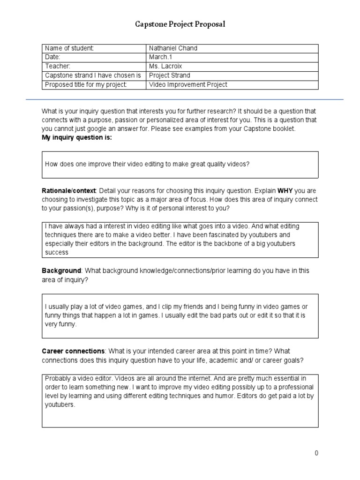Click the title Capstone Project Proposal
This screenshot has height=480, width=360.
point(180,24)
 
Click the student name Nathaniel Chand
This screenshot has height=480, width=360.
point(172,48)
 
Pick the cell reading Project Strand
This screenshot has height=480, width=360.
point(169,75)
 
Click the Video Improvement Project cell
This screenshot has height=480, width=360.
point(188,84)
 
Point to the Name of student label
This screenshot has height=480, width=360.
point(69,48)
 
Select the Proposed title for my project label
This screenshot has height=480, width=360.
point(86,84)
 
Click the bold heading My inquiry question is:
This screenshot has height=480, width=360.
point(77,137)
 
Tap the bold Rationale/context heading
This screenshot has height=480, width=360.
point(68,191)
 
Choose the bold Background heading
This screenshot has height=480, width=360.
point(61,271)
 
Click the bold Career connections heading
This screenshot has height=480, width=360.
point(73,351)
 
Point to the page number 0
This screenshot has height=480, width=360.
point(316,453)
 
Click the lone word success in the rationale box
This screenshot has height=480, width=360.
point(57,253)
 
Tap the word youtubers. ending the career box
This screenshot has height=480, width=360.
point(60,405)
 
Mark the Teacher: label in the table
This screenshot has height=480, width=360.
point(57,66)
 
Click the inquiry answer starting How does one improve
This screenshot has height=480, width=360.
point(147,164)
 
